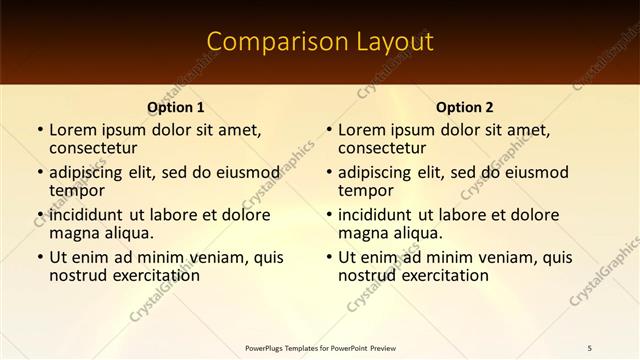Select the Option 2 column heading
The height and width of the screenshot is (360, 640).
(464, 108)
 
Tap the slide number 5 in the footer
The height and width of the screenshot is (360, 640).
(589, 347)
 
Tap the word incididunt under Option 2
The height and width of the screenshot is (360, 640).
(375, 215)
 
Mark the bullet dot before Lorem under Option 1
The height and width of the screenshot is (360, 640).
(39, 131)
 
